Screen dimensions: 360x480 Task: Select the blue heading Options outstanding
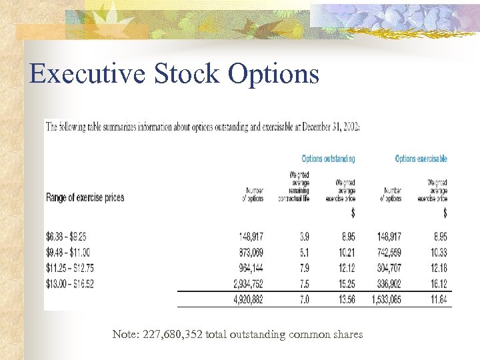tap(328, 159)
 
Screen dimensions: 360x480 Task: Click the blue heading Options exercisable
tap(421, 159)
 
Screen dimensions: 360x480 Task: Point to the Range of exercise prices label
tap(85, 198)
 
